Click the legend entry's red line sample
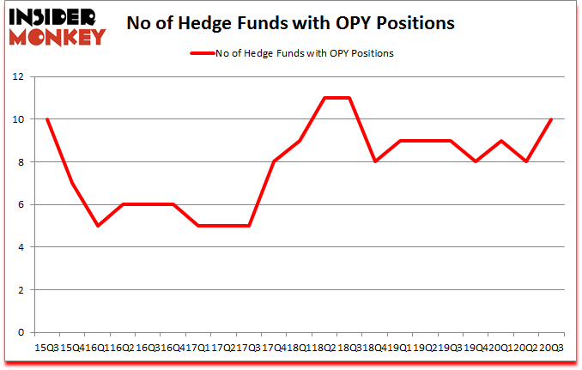tap(203, 53)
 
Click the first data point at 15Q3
tap(47, 119)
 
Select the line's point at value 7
tap(72, 183)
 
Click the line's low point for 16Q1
tap(98, 226)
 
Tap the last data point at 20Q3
tap(550, 119)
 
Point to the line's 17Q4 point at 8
tap(274, 161)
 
